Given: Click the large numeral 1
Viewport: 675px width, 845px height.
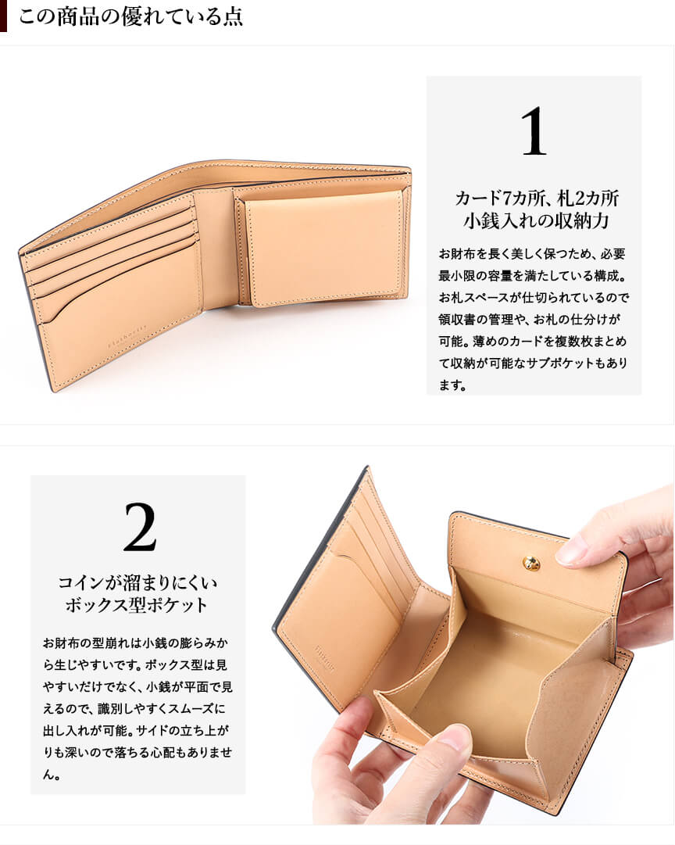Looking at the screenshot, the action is [x=534, y=131].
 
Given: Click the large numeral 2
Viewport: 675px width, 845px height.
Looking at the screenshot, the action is [x=140, y=527].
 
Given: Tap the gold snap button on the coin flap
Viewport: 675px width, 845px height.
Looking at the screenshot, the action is [x=531, y=563].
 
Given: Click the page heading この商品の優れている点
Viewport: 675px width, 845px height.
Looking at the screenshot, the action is [x=131, y=16].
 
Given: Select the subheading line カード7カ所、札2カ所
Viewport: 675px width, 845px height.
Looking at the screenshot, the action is [x=537, y=199].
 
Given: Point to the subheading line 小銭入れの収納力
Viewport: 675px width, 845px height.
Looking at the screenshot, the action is [x=537, y=221].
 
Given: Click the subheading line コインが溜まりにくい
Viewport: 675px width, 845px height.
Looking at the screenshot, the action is [x=138, y=582].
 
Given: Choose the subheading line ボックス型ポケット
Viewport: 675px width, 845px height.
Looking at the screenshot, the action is [x=137, y=605].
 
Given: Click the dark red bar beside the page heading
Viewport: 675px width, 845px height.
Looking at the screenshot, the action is [x=3, y=16].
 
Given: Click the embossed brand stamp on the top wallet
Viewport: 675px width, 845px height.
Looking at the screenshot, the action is [x=127, y=338].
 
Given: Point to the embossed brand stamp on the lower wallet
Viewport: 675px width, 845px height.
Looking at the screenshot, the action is [x=324, y=658].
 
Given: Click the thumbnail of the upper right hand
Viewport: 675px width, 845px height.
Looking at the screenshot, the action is [x=570, y=551].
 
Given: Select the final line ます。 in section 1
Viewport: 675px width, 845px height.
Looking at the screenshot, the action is [x=452, y=385].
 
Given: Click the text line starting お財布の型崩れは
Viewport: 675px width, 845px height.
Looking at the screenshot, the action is [x=135, y=643].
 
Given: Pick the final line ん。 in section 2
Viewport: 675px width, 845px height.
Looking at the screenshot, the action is [x=52, y=775].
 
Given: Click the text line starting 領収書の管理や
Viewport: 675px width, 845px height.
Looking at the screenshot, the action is [x=529, y=320].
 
